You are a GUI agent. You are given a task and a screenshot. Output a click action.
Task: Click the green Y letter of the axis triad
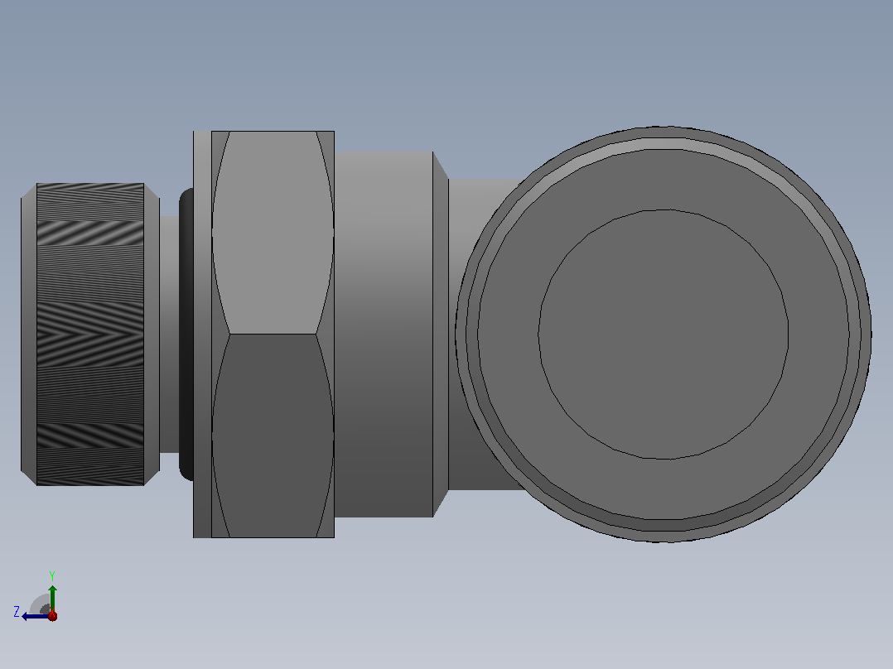52,575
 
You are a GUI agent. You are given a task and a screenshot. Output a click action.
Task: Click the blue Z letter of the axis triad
17,612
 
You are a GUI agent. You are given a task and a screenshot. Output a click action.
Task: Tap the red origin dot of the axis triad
52,616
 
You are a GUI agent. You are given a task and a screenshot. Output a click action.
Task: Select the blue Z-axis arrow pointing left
36,616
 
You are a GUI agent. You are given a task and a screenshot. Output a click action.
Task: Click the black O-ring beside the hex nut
186,334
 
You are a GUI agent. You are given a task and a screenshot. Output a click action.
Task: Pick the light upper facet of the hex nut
273,233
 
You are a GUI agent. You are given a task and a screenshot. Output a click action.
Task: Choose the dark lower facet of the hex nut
273,436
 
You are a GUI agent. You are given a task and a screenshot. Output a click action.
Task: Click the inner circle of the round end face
664,334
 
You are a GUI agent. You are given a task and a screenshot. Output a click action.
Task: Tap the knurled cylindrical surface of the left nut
90,334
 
